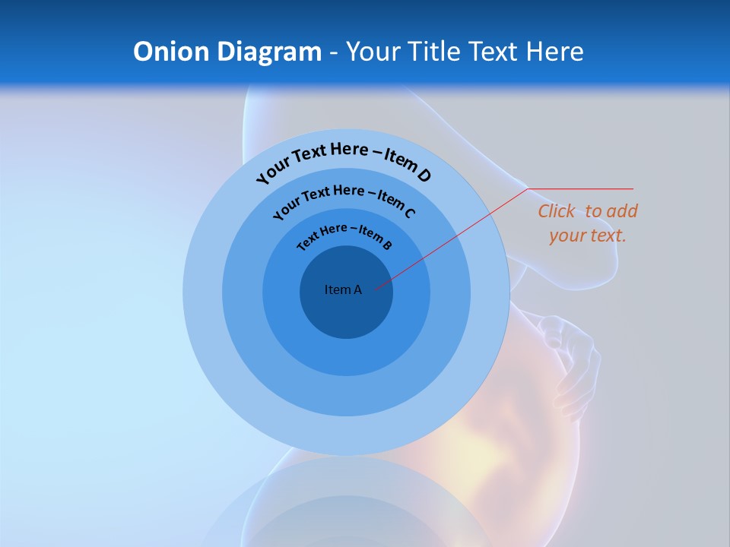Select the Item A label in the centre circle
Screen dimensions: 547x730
(x=343, y=289)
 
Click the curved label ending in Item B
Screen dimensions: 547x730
(x=344, y=236)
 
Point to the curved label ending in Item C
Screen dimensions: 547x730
(x=344, y=201)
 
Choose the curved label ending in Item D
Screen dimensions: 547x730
(x=344, y=160)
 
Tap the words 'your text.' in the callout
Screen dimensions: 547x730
(x=587, y=236)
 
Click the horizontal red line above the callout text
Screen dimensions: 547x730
(x=582, y=188)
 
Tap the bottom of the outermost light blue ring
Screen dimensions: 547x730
(x=346, y=436)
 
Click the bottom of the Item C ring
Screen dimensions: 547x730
(x=346, y=397)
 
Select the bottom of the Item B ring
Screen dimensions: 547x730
(x=346, y=357)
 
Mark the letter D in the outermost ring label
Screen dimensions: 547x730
(x=423, y=175)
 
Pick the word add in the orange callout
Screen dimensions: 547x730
(x=621, y=211)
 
